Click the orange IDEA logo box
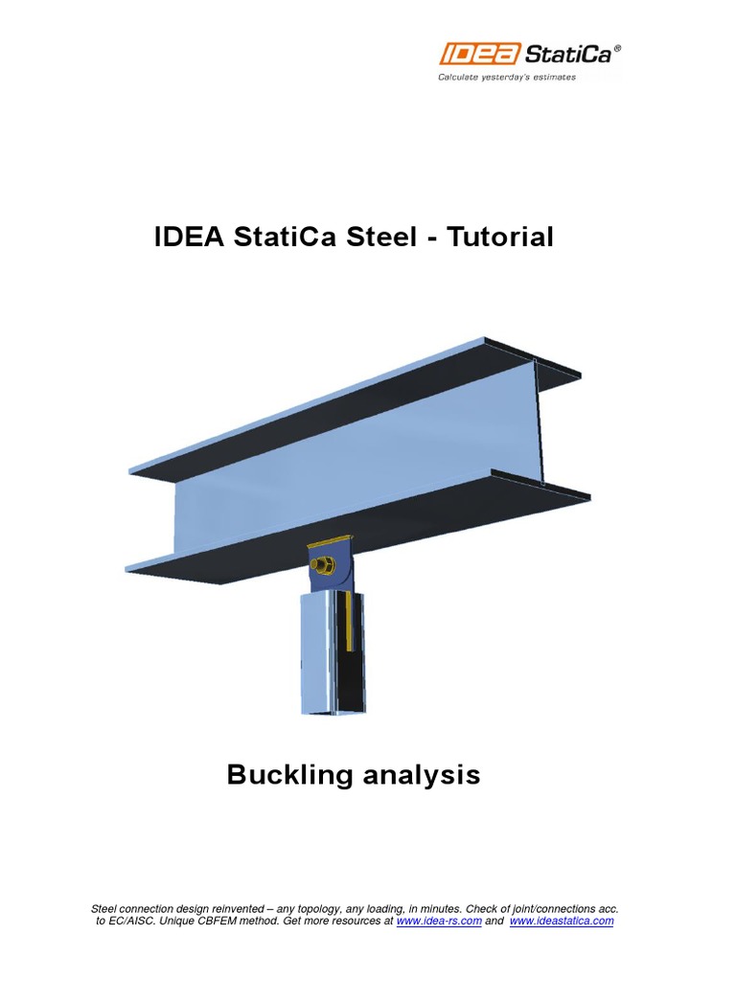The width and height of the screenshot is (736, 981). tap(479, 54)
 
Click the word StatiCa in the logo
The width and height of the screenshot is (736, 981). tap(568, 55)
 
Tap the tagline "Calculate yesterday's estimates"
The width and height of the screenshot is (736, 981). tap(507, 78)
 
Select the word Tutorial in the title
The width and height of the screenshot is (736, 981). tap(499, 238)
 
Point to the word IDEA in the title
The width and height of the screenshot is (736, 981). tap(189, 238)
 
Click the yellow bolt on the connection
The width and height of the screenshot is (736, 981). tap(322, 565)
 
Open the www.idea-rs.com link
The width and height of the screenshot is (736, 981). tap(439, 921)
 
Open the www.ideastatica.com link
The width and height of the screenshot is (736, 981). tap(562, 921)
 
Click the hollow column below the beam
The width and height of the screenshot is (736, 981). tap(332, 653)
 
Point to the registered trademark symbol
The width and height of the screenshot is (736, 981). tap(618, 47)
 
